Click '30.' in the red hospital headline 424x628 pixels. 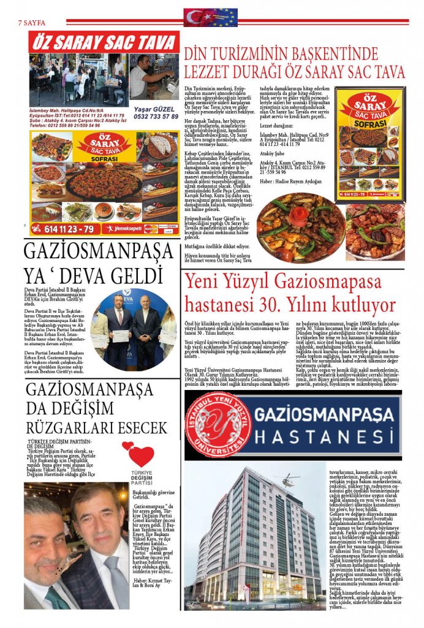tap(325, 305)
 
